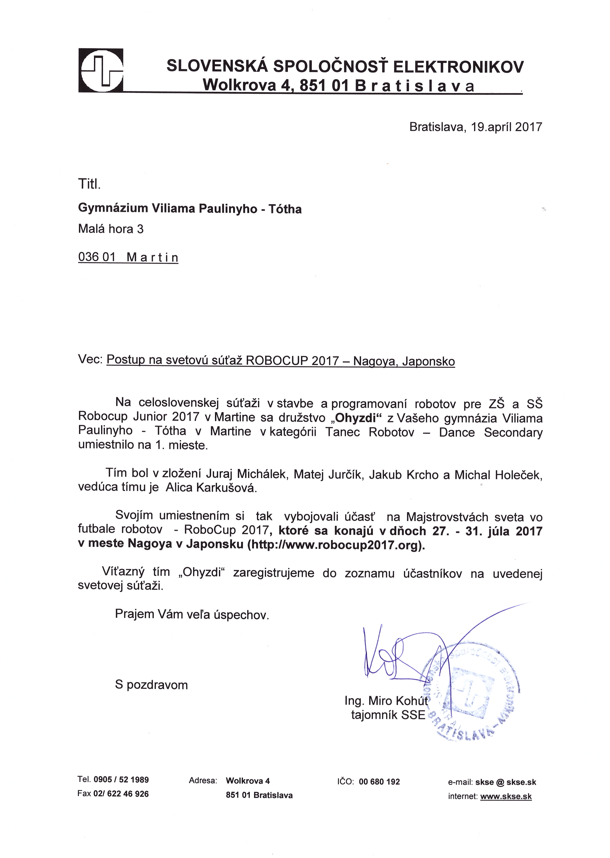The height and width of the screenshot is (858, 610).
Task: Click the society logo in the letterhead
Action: coord(101,70)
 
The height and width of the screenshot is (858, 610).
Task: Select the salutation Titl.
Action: coord(89,184)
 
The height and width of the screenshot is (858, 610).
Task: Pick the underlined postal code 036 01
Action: coord(96,257)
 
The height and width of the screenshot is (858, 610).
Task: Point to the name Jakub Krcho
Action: coord(403,475)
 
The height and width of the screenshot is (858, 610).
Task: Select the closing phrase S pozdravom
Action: coord(151,685)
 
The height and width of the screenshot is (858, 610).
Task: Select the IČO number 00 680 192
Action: coord(379,781)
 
